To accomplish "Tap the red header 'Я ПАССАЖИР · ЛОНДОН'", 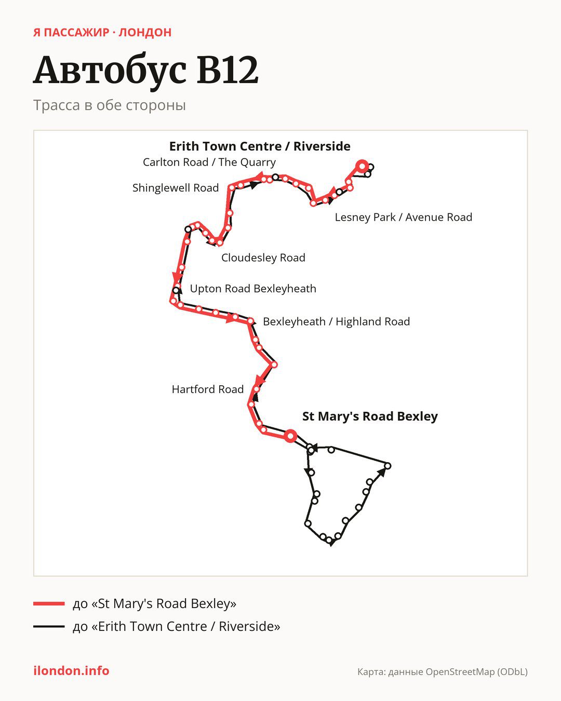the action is tap(102, 32).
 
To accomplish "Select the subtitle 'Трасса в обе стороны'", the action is tap(110, 105).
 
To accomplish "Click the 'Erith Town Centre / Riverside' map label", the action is tap(260, 146).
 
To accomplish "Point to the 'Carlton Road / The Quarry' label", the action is tap(209, 162).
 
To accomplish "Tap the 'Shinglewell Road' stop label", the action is tap(176, 188).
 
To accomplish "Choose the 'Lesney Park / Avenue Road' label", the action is tap(404, 217).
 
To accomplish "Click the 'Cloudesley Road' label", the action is tap(263, 258).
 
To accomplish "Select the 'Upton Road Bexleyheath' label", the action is tap(253, 289).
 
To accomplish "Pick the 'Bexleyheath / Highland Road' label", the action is tap(337, 321).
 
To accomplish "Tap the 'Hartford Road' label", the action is tap(208, 389).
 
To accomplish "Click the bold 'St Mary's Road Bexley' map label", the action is tap(370, 416).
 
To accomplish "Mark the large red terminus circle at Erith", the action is tap(362, 167).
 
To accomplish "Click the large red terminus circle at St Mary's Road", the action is tap(290, 436).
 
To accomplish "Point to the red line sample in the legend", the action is tap(49, 603).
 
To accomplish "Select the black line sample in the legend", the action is tap(49, 626).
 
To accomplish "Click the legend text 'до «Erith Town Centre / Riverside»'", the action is tap(177, 626).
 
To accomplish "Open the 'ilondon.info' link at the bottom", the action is tap(71, 671).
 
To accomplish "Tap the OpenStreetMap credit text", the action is tap(443, 672).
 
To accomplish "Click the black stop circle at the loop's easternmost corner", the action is tap(388, 466).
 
